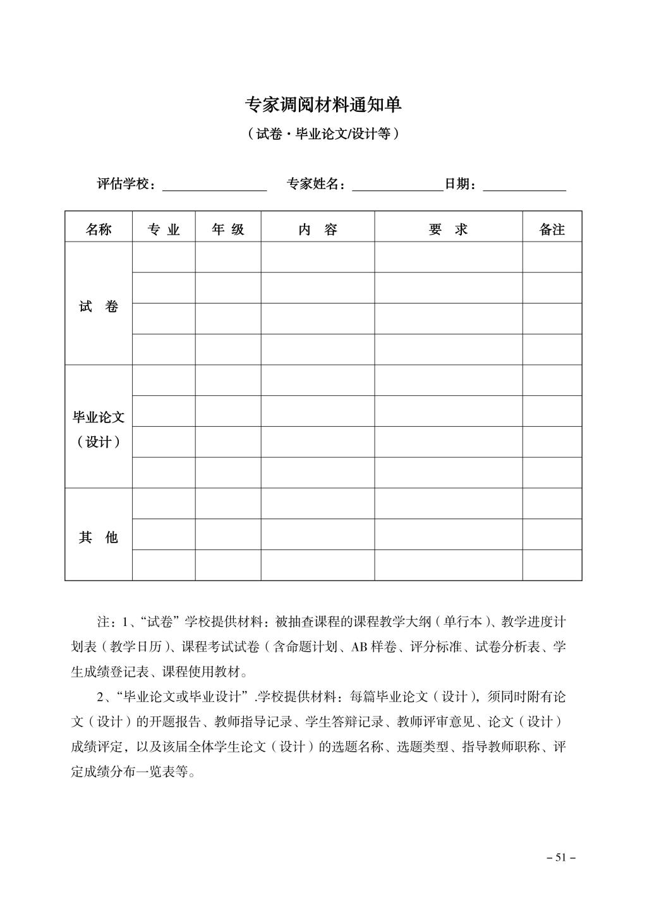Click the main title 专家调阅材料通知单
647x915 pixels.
(x=323, y=105)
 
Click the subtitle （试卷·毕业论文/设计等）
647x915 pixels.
(x=323, y=134)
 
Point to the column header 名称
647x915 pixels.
(x=99, y=230)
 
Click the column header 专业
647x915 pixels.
(x=164, y=230)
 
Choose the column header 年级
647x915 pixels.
(x=228, y=230)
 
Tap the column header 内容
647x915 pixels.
(x=318, y=230)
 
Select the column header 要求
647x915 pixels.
(x=448, y=230)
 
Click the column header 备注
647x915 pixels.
(x=552, y=230)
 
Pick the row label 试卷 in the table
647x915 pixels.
(x=99, y=307)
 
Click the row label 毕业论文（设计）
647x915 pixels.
(x=99, y=429)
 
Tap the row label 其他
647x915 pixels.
(x=99, y=537)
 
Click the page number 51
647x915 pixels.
(x=560, y=857)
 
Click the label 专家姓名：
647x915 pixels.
(x=317, y=184)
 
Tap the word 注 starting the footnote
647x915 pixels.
(x=102, y=622)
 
